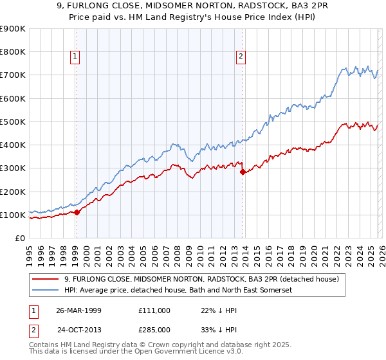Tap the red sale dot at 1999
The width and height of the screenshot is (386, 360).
click(x=77, y=212)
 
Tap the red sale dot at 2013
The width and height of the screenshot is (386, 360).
click(x=243, y=172)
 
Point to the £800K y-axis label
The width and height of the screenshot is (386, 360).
click(x=13, y=52)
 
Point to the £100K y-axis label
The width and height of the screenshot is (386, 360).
click(x=13, y=215)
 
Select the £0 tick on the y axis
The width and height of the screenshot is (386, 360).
click(x=19, y=239)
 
